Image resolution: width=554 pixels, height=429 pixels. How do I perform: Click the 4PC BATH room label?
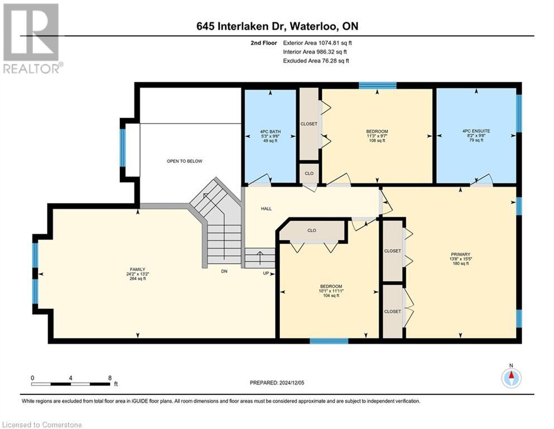270,132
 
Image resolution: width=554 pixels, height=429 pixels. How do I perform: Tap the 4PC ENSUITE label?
476,131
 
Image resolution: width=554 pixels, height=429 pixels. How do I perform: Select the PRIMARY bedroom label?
460,254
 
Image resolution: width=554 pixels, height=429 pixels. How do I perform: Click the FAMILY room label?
137,269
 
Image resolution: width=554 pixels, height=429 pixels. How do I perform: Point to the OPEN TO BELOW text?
185,161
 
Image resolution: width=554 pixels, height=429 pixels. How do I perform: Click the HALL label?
267,209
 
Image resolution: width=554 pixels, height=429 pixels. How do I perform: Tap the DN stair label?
224,271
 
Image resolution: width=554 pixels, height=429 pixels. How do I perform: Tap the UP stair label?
266,273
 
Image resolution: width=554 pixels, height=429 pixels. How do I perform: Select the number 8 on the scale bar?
110,378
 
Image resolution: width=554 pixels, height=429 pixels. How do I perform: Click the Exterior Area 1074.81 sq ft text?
317,43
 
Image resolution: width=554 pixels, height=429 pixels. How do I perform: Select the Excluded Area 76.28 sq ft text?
316,61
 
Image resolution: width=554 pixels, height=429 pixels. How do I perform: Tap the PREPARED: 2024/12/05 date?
277,383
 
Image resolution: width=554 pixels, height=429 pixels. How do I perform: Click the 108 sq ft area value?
377,140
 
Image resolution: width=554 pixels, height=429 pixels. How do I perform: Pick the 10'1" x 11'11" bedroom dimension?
331,291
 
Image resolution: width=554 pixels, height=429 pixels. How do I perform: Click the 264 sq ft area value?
138,279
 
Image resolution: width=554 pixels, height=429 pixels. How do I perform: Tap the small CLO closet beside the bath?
309,173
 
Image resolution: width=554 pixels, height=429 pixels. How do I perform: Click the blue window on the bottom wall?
329,341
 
